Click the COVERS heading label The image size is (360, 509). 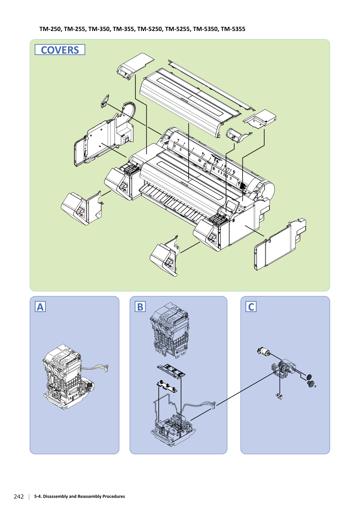tap(60, 50)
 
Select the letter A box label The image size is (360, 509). tap(40, 306)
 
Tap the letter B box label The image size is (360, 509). tap(140, 306)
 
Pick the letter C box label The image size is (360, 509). tap(251, 306)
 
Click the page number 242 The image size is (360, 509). tap(19, 496)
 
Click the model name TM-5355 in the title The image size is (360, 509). tap(233, 29)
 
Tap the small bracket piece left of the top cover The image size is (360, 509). tap(105, 101)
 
